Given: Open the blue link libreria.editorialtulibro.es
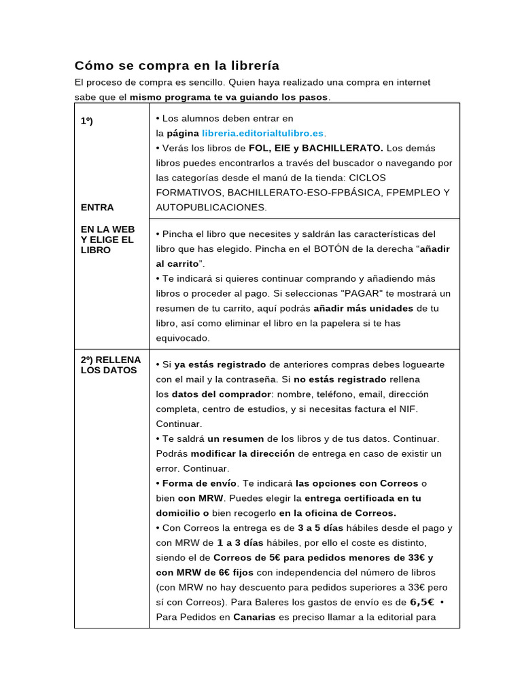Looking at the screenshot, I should click(262, 133).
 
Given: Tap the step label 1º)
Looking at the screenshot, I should click(87, 121).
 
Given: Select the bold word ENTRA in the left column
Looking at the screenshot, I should click(97, 207).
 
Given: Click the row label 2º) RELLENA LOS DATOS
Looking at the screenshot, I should click(111, 364).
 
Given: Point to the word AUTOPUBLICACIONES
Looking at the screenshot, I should click(211, 207).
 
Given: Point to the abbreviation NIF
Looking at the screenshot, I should click(408, 409).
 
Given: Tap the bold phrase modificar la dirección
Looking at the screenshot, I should click(243, 453).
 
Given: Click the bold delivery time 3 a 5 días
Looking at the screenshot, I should click(320, 528).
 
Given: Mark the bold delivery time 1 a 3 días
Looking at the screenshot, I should click(240, 543).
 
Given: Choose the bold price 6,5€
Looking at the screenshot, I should click(421, 602).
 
